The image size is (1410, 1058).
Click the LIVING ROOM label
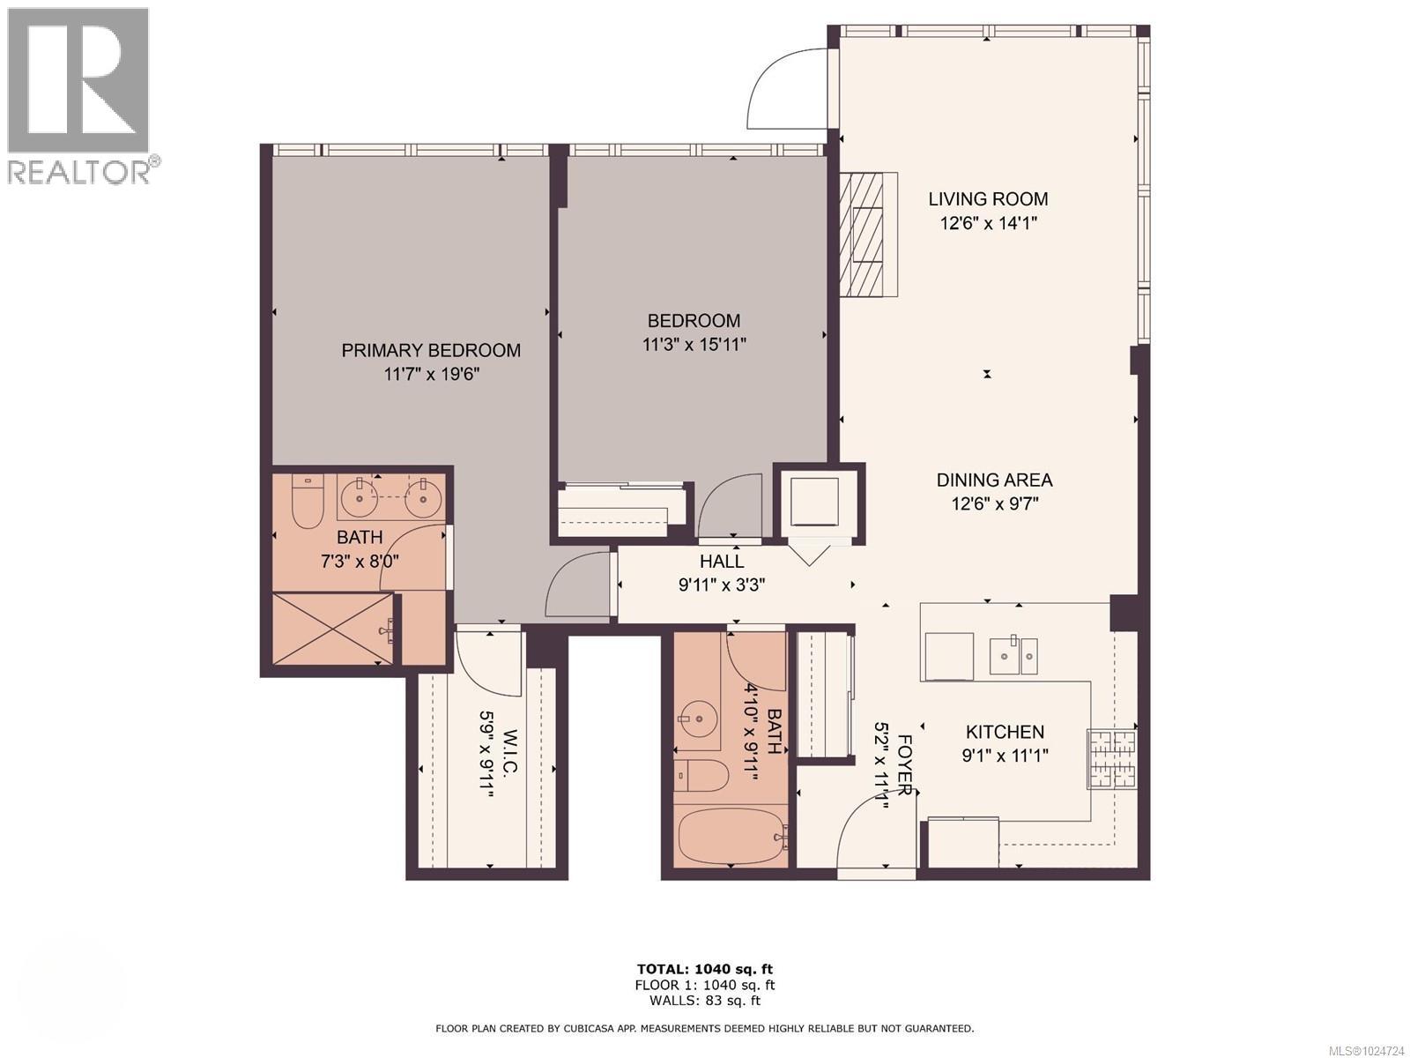pyautogui.click(x=988, y=199)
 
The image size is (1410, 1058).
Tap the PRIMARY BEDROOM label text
pyautogui.click(x=431, y=350)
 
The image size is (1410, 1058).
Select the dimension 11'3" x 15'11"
pyautogui.click(x=694, y=344)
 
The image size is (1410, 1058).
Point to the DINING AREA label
pyautogui.click(x=994, y=481)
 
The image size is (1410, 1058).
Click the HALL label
pyautogui.click(x=722, y=561)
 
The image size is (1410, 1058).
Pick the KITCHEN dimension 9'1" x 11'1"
pyautogui.click(x=1005, y=756)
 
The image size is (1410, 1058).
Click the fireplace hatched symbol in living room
pyautogui.click(x=861, y=235)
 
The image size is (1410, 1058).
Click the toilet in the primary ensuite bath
pyautogui.click(x=308, y=502)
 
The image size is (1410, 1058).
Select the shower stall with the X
pyautogui.click(x=332, y=629)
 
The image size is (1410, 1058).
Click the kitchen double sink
pyautogui.click(x=1013, y=654)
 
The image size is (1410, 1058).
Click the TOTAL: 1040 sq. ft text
pyautogui.click(x=704, y=970)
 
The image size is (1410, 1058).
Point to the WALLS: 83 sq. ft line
pyautogui.click(x=704, y=1000)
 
